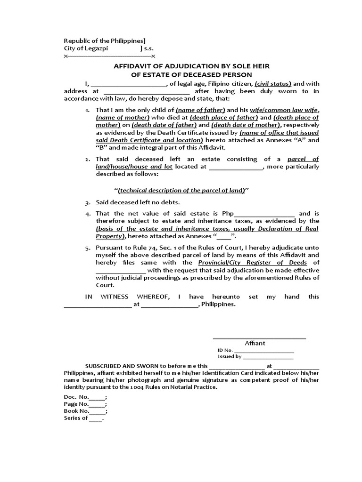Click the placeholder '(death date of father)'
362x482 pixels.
tap(164, 125)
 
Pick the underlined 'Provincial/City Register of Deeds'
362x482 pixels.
tap(253, 262)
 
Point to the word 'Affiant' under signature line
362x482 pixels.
tap(255, 343)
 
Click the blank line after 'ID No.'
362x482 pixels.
tap(264, 350)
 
